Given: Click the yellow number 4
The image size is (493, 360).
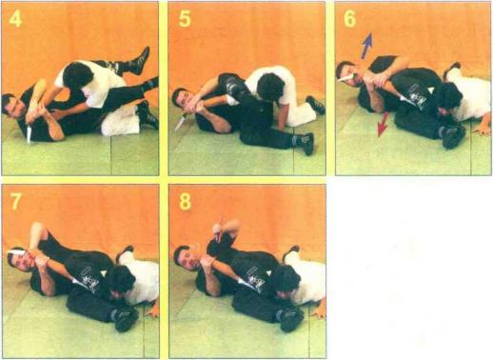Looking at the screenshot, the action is click(15, 19).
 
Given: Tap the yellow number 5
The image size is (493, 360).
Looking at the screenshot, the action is click(185, 19).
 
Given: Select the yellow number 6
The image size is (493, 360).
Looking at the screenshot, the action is click(349, 19).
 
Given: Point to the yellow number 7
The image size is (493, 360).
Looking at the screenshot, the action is click(16, 201).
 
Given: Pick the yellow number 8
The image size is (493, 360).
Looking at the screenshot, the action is click(186, 201).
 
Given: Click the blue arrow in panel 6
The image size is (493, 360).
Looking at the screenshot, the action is click(366, 46).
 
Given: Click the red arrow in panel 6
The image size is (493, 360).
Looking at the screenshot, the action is click(383, 124).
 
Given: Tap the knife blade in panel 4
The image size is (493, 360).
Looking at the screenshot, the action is click(29, 133).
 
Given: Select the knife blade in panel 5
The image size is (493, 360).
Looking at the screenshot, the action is click(180, 124).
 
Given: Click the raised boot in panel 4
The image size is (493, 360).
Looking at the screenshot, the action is click(142, 60).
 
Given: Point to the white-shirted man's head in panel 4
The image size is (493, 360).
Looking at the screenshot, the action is click(77, 76).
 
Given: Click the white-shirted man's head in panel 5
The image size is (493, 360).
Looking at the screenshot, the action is click(270, 88).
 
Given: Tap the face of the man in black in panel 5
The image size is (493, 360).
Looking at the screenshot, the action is click(181, 100).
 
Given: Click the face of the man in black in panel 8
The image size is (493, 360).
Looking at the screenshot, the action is click(184, 258).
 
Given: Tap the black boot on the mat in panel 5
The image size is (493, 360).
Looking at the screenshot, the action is click(306, 142).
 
